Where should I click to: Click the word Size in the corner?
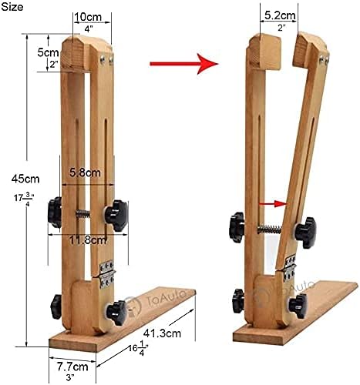[12, 7]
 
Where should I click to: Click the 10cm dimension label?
[88, 17]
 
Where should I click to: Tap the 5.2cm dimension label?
[280, 15]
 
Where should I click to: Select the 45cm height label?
[25, 179]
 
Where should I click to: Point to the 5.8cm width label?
[85, 172]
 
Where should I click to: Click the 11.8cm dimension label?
[88, 240]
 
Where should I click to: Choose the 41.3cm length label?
[162, 333]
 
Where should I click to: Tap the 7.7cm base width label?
[72, 367]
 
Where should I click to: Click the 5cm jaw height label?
[48, 52]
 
